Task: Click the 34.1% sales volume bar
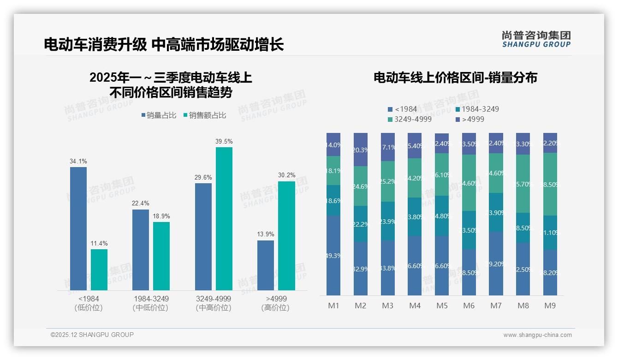78,228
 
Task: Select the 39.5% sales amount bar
224,218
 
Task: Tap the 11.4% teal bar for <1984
99,270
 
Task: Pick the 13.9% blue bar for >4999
266,265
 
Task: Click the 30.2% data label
287,175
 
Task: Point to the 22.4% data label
141,204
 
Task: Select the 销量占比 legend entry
159,115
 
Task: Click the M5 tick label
442,306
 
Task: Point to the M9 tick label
550,306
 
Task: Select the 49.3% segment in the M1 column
333,255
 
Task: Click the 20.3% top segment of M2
361,150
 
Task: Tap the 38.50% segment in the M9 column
550,184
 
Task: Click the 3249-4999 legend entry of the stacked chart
410,120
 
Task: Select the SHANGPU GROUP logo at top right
536,39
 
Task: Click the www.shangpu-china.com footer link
537,335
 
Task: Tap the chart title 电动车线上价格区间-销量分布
455,78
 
